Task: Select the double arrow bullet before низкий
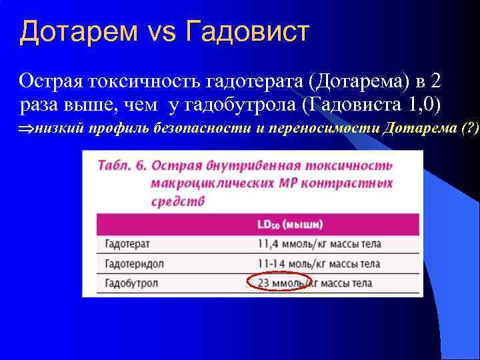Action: [x=26, y=128]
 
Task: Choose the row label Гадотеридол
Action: [x=134, y=263]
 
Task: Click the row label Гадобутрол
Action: [x=131, y=283]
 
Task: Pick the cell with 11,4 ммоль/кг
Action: [x=319, y=244]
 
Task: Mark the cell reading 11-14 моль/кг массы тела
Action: [x=319, y=263]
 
